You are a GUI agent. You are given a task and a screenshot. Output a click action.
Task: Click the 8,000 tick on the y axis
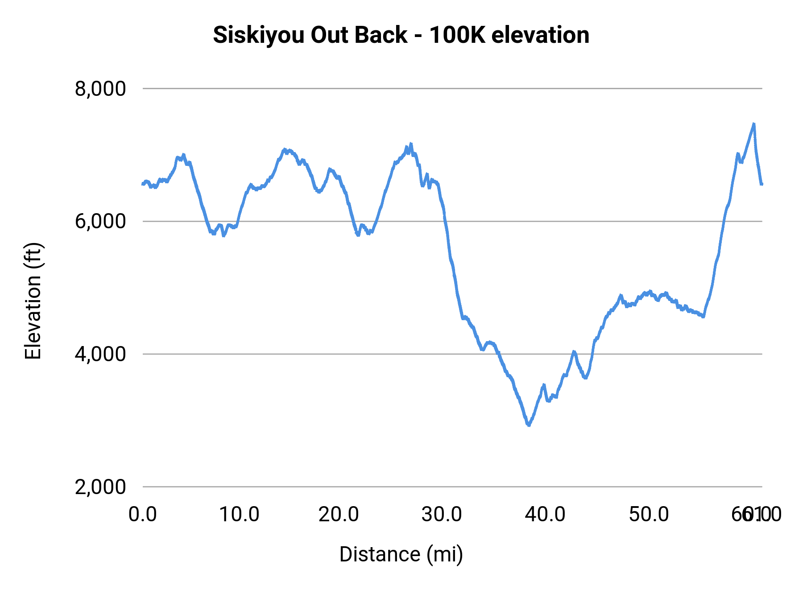pos(100,89)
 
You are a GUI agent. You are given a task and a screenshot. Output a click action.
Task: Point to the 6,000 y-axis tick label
pos(100,221)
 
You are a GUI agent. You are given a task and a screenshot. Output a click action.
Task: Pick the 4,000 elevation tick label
pos(100,354)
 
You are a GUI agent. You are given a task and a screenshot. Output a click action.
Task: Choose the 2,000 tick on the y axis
pos(100,487)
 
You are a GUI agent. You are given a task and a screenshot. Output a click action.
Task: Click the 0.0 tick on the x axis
pos(143,515)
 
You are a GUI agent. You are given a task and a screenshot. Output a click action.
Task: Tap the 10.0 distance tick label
pos(240,515)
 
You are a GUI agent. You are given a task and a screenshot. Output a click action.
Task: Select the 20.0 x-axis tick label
pos(339,515)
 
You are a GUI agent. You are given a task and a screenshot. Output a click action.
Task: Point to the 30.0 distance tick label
pos(442,515)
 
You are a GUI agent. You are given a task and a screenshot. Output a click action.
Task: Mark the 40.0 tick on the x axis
pos(545,515)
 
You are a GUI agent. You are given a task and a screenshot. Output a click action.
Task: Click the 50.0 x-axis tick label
pos(649,515)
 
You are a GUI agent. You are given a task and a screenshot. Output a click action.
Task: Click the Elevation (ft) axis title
pos(33,301)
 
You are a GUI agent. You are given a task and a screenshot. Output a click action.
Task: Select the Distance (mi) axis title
pos(401,554)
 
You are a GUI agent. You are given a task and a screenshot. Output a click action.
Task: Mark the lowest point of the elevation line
pos(529,425)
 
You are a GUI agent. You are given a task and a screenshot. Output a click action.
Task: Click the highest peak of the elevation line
pos(753,124)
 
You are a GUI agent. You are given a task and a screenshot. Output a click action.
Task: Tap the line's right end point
pos(762,184)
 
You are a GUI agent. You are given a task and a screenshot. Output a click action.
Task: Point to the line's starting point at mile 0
pos(143,184)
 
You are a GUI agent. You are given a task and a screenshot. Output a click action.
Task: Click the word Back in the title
pos(381,35)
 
